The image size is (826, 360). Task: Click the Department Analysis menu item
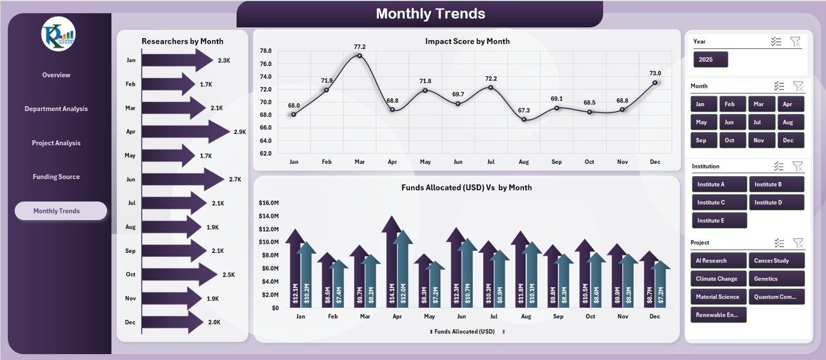[x=56, y=109]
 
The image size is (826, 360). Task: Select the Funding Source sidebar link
[x=56, y=177]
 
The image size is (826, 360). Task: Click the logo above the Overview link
[x=58, y=35]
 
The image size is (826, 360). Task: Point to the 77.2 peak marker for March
[x=359, y=55]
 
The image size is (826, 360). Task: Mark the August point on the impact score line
[x=524, y=119]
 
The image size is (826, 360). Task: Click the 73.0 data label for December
[x=655, y=74]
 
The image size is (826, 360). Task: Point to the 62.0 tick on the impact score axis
[x=265, y=154]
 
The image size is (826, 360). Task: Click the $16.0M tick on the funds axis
[x=268, y=203]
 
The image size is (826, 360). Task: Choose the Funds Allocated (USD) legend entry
[x=462, y=331]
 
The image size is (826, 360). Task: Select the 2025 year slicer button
[x=710, y=59]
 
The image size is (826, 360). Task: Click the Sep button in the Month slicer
[x=701, y=140]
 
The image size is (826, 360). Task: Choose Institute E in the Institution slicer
[x=719, y=221]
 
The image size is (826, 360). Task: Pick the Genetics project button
[x=777, y=279]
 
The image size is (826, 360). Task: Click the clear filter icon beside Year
[x=795, y=41]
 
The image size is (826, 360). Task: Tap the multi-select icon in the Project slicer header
[x=780, y=243]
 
